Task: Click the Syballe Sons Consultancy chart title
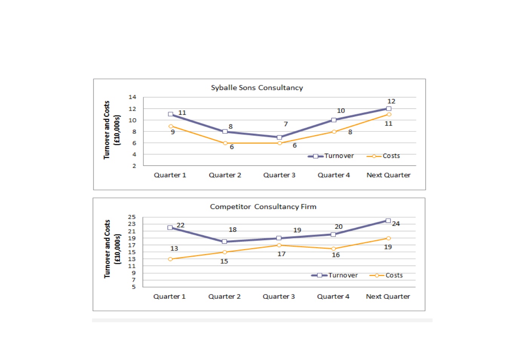[x=257, y=88]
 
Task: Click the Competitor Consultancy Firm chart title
[x=263, y=207]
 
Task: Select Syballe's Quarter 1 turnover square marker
[x=171, y=114]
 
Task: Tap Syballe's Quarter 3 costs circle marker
[x=280, y=143]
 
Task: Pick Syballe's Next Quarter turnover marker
[x=389, y=108]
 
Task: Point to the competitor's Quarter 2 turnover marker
[x=224, y=241]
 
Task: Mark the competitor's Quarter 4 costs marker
[x=334, y=249]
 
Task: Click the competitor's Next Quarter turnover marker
[x=388, y=221]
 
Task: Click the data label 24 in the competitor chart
[x=396, y=224]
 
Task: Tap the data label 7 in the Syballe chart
[x=286, y=124]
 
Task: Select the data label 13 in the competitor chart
[x=174, y=248]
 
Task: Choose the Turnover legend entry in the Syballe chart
[x=331, y=156]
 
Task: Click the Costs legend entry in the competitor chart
[x=386, y=275]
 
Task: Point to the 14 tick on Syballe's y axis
[x=132, y=97]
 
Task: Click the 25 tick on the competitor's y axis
[x=132, y=217]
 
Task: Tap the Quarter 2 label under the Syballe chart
[x=225, y=175]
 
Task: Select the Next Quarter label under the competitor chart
[x=388, y=297]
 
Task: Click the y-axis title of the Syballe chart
[x=112, y=130]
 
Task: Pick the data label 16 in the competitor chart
[x=336, y=255]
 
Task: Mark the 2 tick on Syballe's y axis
[x=134, y=166]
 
